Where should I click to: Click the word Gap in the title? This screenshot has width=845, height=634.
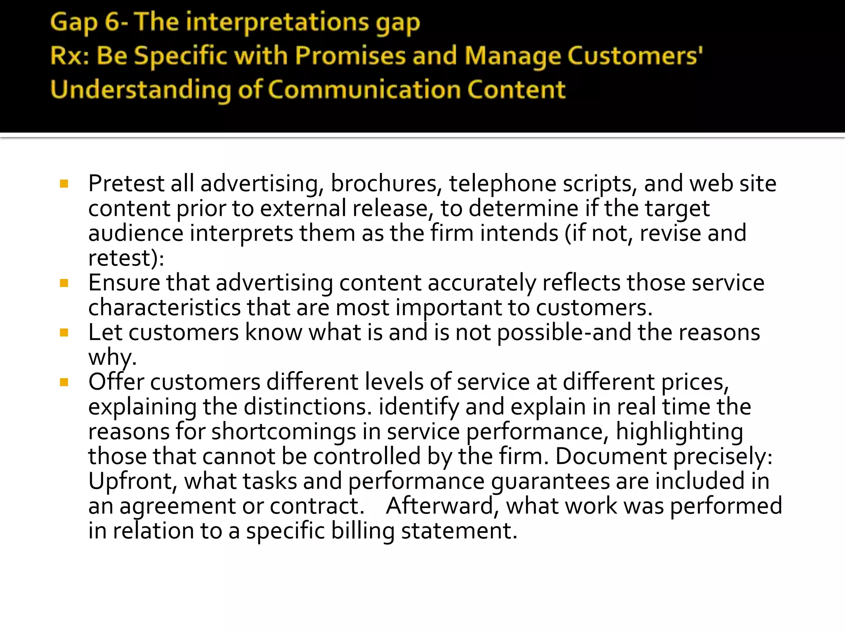pos(74,23)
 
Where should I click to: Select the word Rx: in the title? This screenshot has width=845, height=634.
pos(69,56)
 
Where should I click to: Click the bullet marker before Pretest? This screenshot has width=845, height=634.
pos(64,184)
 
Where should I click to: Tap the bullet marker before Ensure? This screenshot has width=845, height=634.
pos(64,283)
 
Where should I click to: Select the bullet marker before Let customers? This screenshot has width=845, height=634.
pos(64,333)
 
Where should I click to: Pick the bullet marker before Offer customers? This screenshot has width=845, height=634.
pos(64,382)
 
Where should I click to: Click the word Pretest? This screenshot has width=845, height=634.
pos(126,184)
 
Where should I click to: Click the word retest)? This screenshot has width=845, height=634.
pos(126,258)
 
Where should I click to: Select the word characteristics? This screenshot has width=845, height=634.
pos(164,308)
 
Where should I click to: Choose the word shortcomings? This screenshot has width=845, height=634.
pos(283,432)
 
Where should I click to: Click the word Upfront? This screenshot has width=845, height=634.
pos(132,481)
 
